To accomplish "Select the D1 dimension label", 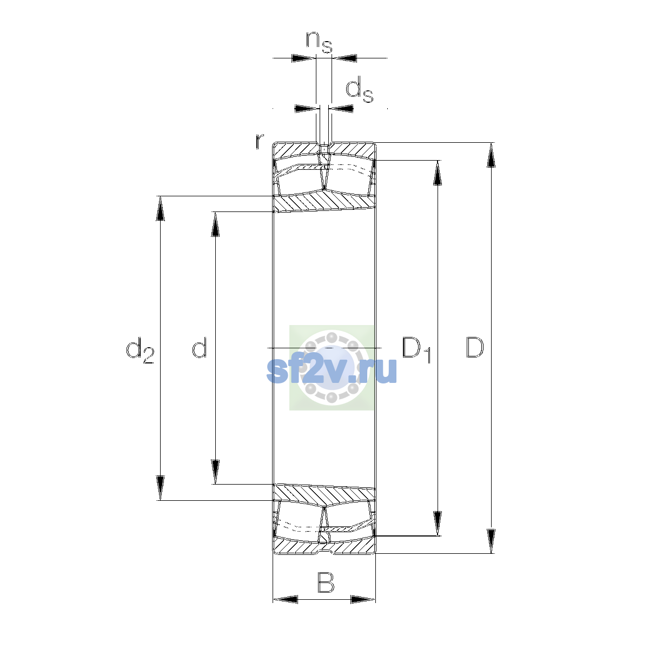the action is [416, 349].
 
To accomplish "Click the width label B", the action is [326, 582].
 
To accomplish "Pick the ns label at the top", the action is [319, 42].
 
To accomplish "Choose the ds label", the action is [359, 89].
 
